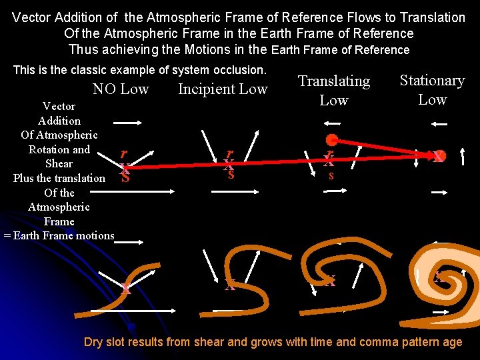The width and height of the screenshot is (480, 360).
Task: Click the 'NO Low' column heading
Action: (121, 89)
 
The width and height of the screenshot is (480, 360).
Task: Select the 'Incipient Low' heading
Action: (223, 89)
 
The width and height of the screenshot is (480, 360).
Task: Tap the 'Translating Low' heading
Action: (333, 90)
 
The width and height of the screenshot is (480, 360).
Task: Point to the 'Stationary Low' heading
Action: (432, 89)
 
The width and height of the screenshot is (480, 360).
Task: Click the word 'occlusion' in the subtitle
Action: (236, 70)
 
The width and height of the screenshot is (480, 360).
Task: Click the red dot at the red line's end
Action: (331, 140)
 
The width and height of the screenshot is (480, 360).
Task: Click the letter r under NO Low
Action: (123, 153)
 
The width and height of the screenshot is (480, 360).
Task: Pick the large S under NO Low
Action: (125, 178)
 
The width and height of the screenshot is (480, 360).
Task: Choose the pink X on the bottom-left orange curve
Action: (125, 289)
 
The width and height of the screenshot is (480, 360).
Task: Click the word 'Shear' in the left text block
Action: (59, 163)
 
